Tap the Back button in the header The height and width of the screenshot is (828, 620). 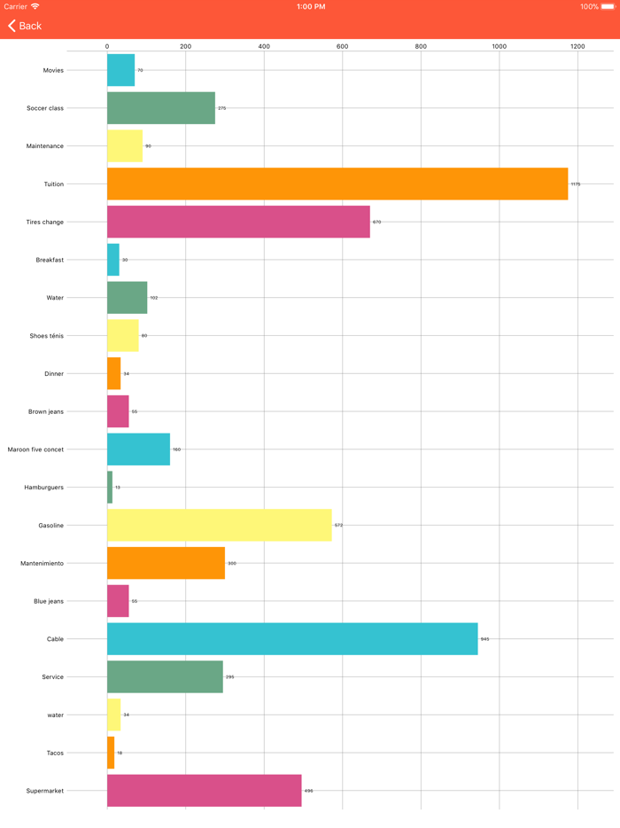tap(25, 26)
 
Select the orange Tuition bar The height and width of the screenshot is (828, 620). tap(337, 184)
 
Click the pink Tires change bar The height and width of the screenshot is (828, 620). tap(238, 222)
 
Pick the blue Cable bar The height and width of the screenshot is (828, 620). tap(292, 638)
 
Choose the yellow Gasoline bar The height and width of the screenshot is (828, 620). tap(219, 525)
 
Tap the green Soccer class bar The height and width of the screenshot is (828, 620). tap(160, 108)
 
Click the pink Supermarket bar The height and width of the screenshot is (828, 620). tap(204, 790)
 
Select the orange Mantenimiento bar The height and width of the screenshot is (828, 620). tap(166, 563)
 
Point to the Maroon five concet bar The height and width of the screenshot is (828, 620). tap(138, 449)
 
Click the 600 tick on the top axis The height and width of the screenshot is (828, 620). tap(342, 46)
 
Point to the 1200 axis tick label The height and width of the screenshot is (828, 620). tap(577, 46)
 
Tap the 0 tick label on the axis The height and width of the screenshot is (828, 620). tap(107, 46)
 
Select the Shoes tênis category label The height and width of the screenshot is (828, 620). tap(46, 336)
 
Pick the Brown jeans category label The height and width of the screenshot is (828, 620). tap(45, 411)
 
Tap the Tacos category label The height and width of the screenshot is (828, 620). tap(55, 753)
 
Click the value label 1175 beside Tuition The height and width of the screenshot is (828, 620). tap(576, 184)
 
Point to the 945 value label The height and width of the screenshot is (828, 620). tap(484, 639)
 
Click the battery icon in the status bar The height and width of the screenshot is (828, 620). tap(608, 6)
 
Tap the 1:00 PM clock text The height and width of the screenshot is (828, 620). tap(310, 6)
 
